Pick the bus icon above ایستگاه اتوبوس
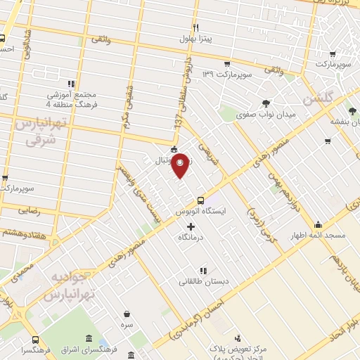(x=201, y=200)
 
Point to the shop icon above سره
(x=127, y=314)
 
